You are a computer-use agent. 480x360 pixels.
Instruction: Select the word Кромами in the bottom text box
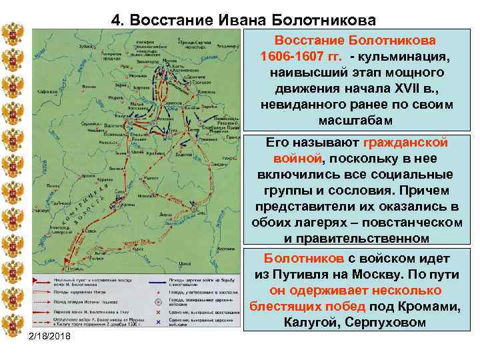427,307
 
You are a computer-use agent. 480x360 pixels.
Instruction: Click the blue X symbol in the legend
157,321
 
